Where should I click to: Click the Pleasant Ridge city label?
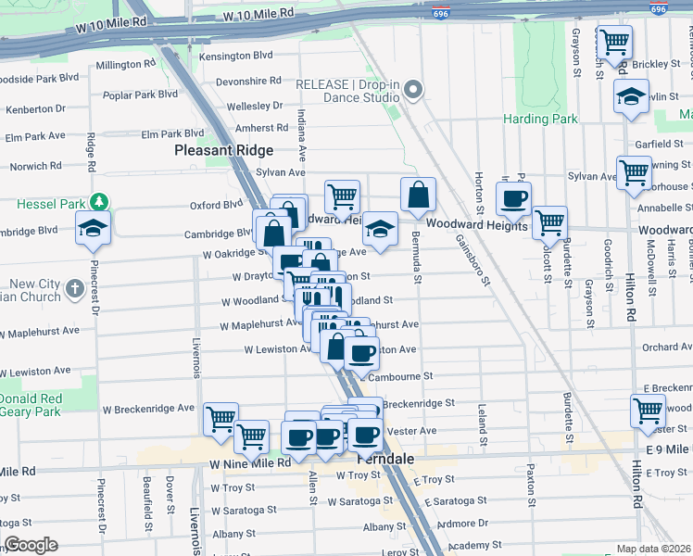pyautogui.click(x=224, y=150)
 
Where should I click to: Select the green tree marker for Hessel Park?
pyautogui.click(x=97, y=202)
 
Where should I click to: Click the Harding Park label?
pyautogui.click(x=540, y=119)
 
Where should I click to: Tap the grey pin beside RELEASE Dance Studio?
pyautogui.click(x=414, y=90)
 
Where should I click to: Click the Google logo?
pyautogui.click(x=31, y=545)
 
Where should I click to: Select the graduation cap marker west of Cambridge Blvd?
pyautogui.click(x=93, y=228)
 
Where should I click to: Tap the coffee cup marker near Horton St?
pyautogui.click(x=513, y=197)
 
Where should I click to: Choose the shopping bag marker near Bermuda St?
pyautogui.click(x=418, y=194)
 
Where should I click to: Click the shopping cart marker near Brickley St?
pyautogui.click(x=614, y=42)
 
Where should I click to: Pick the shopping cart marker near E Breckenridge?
pyautogui.click(x=648, y=410)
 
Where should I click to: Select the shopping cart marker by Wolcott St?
pyautogui.click(x=550, y=222)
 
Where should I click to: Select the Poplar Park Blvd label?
pyautogui.click(x=141, y=95)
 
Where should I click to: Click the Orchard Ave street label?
pyautogui.click(x=666, y=347)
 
